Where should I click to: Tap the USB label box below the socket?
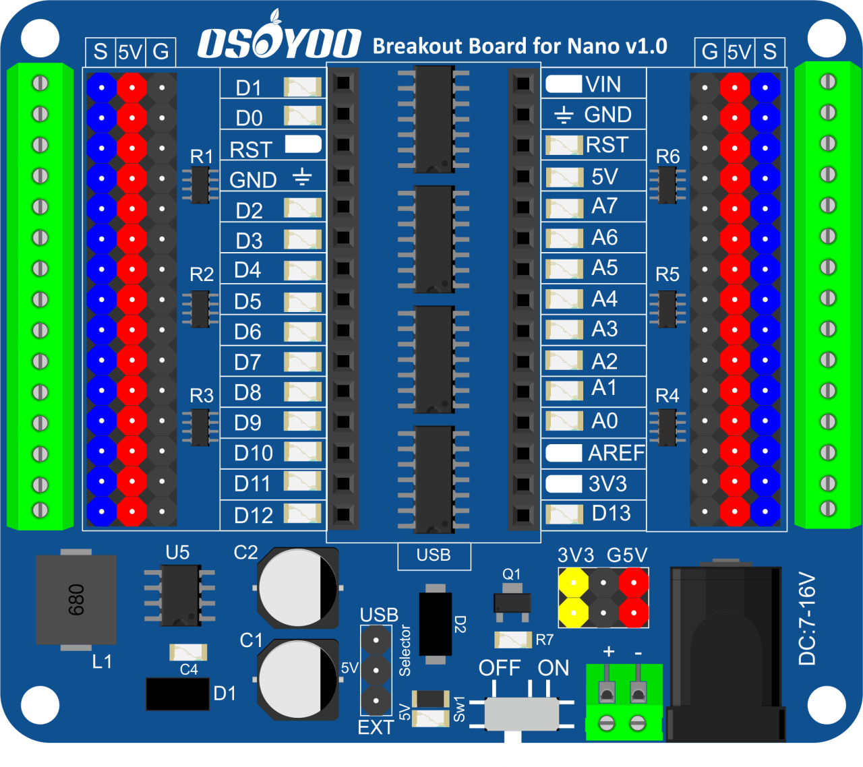click(x=434, y=555)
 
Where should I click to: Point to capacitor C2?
click(x=297, y=588)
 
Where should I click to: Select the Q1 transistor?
click(x=512, y=602)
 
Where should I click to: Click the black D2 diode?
click(x=436, y=624)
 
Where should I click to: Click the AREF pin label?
click(x=616, y=454)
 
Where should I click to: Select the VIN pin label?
click(x=603, y=84)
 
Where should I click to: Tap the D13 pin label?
click(x=611, y=514)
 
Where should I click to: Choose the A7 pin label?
click(x=604, y=206)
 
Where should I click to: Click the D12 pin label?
click(x=254, y=516)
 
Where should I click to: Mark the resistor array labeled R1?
click(x=200, y=185)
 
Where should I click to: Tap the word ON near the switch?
click(x=554, y=668)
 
